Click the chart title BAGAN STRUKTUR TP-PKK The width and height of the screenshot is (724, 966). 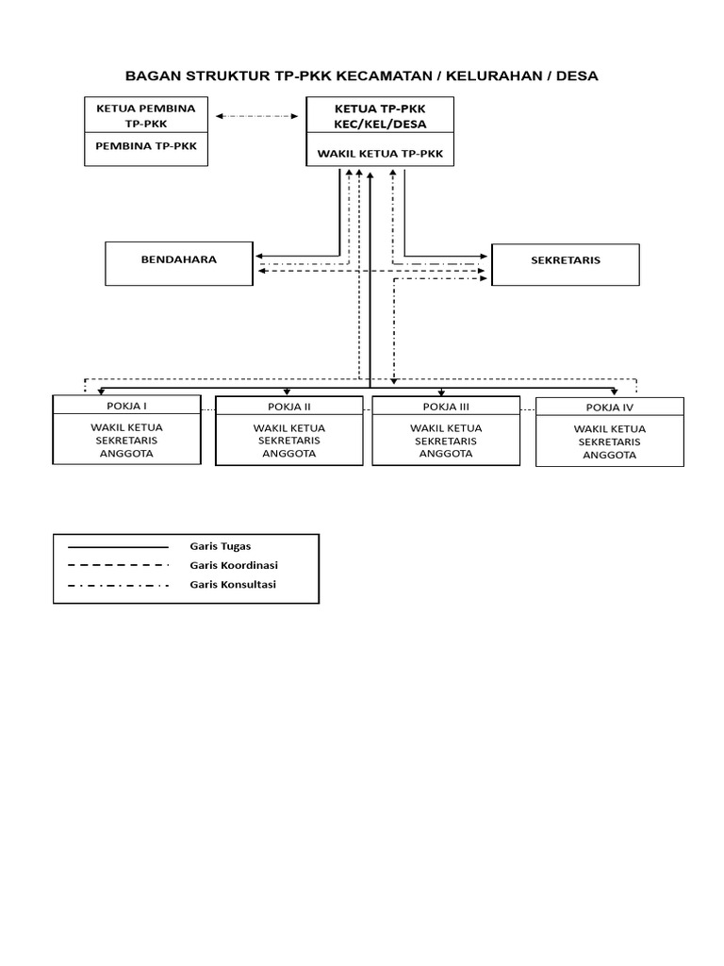[362, 75]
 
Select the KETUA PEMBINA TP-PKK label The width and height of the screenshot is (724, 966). [146, 115]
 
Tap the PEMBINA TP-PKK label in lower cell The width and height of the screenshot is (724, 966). [146, 146]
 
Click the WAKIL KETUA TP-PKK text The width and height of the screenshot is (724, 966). [380, 152]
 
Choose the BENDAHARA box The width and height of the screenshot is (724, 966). [179, 263]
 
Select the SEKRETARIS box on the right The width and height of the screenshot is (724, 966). [566, 264]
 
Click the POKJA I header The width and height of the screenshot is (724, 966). [126, 406]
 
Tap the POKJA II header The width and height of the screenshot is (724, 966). [289, 407]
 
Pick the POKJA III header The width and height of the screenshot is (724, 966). [446, 407]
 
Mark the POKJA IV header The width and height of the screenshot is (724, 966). [610, 408]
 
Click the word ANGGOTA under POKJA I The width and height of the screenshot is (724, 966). [126, 453]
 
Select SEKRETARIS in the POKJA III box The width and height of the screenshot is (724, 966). [446, 441]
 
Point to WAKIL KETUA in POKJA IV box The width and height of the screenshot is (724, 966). [610, 428]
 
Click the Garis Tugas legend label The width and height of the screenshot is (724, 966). [221, 546]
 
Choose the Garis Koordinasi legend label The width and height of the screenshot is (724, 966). [234, 565]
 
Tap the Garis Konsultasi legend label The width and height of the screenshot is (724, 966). [233, 585]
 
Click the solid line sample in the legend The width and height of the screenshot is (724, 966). [118, 546]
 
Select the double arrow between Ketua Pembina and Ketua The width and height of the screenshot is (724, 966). [256, 116]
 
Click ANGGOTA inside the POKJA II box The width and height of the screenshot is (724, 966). [289, 453]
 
